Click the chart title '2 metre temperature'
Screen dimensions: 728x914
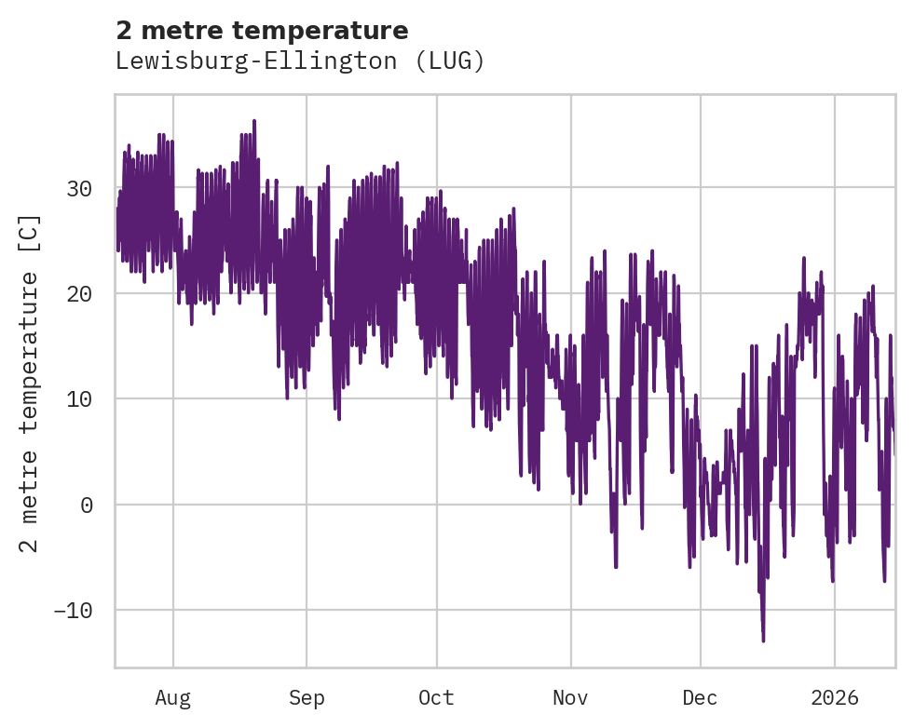[x=262, y=31]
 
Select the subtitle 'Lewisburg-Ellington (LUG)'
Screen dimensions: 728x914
[x=300, y=61]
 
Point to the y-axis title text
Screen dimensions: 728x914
[x=31, y=383]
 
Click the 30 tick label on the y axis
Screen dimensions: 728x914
[x=78, y=188]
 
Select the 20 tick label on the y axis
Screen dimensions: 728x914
[x=78, y=293]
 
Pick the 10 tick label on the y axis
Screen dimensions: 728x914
[x=78, y=399]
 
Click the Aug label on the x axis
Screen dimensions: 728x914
[x=172, y=697]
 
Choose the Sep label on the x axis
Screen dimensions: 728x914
[x=306, y=697]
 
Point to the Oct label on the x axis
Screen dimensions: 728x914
[x=436, y=697]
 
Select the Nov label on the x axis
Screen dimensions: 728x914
[x=570, y=697]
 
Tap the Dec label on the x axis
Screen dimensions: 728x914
[x=700, y=697]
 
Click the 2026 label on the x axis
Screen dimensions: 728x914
[x=834, y=697]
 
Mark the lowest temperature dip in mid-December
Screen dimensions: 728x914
[x=763, y=640]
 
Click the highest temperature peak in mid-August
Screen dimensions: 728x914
[x=253, y=120]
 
